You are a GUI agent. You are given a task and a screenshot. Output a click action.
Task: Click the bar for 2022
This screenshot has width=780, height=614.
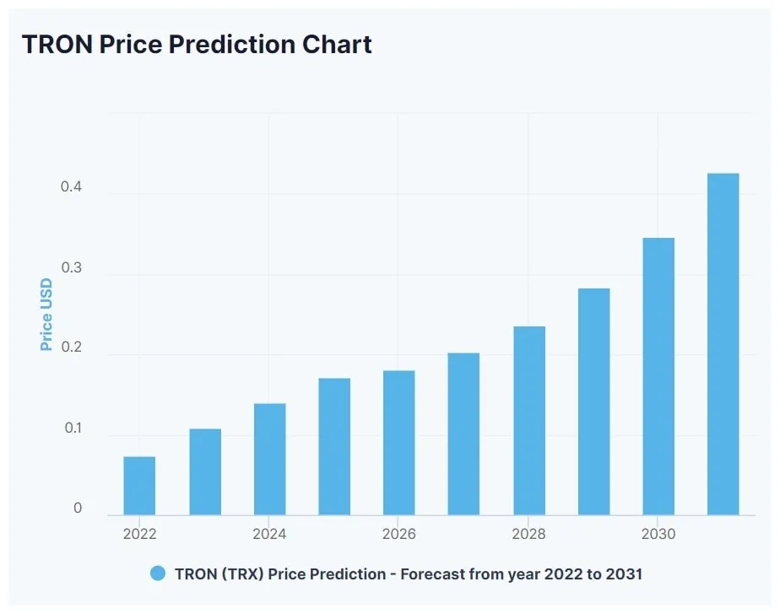pyautogui.click(x=139, y=486)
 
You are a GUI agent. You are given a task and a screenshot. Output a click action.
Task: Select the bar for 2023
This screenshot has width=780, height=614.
pyautogui.click(x=205, y=472)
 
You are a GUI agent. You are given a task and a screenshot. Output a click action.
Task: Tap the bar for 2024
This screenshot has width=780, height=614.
pyautogui.click(x=269, y=460)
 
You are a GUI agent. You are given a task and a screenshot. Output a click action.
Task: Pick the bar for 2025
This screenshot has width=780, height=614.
pyautogui.click(x=334, y=447)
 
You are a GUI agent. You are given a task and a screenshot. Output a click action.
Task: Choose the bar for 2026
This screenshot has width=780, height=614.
pyautogui.click(x=398, y=443)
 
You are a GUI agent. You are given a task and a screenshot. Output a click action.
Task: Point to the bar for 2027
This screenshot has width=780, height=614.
pyautogui.click(x=463, y=434)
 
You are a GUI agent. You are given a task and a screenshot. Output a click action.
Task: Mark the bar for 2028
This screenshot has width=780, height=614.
pyautogui.click(x=529, y=421)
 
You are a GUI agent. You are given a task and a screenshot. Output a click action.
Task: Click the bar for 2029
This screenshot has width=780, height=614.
pyautogui.click(x=593, y=402)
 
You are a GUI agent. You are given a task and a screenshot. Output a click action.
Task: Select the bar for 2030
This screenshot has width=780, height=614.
pyautogui.click(x=658, y=377)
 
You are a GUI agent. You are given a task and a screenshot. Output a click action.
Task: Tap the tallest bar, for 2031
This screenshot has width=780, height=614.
pyautogui.click(x=723, y=344)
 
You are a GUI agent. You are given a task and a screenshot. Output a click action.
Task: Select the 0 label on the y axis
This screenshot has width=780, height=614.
pyautogui.click(x=78, y=508)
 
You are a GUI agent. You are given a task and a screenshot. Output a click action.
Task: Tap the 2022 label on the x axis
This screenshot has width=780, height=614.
pyautogui.click(x=139, y=534)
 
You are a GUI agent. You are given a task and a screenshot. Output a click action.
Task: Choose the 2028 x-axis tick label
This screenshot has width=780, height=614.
pyautogui.click(x=528, y=534)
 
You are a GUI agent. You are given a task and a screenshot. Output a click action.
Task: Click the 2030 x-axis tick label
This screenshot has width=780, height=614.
pyautogui.click(x=658, y=534)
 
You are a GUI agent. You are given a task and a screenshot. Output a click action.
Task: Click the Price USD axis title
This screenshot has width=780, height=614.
pyautogui.click(x=46, y=315)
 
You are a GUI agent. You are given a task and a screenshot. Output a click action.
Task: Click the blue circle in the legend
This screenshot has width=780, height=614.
pyautogui.click(x=158, y=574)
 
